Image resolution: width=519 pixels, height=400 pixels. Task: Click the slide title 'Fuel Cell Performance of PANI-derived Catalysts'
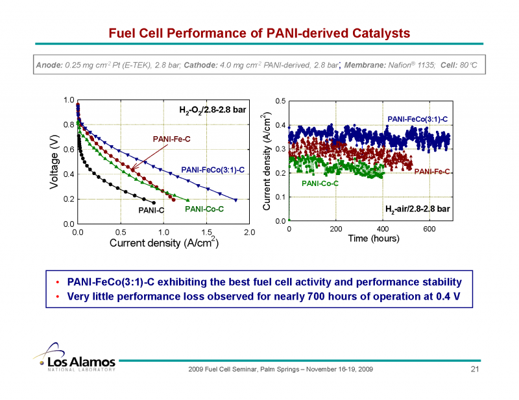pos(259,32)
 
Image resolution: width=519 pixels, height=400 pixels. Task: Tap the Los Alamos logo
pos(74,362)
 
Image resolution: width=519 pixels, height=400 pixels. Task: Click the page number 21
pos(474,370)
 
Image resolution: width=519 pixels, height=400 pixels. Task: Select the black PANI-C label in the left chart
pos(152,210)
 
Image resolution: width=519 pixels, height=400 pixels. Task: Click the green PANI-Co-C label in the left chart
pos(204,209)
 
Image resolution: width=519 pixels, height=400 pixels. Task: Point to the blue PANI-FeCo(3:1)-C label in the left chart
pos(213,170)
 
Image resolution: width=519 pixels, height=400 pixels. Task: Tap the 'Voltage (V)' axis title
pos(54,161)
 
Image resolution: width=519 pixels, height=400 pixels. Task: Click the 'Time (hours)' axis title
pos(373,238)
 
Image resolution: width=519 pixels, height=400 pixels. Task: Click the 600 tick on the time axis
pos(429,229)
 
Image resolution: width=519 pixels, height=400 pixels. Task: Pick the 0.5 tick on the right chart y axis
pos(280,101)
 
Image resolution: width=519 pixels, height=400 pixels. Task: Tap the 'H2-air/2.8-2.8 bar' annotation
pos(417,209)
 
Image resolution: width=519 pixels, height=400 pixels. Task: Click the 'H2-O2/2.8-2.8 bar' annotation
pos(213,110)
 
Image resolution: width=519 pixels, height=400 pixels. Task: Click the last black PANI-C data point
pos(154,202)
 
